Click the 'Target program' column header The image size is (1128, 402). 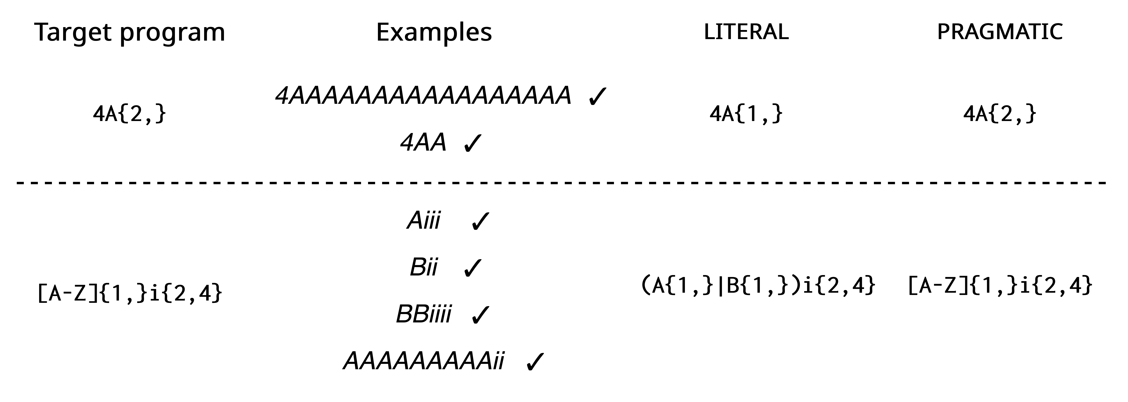pyautogui.click(x=130, y=32)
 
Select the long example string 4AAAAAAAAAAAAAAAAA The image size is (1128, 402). pyautogui.click(x=423, y=95)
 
